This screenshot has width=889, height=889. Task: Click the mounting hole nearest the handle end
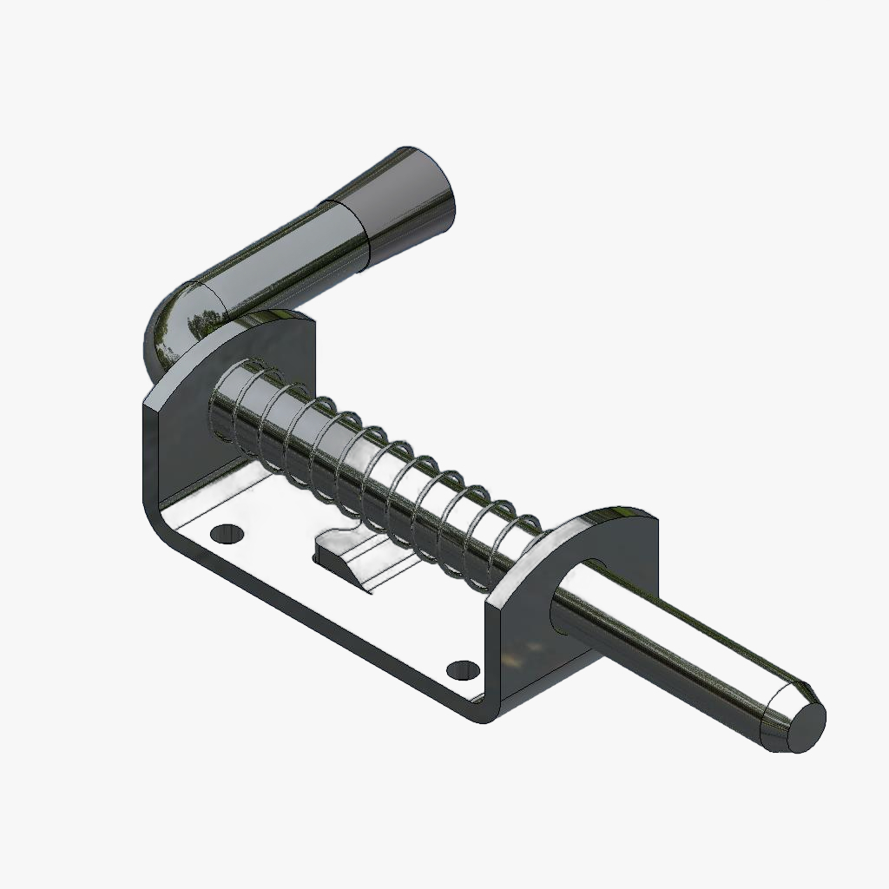[227, 531]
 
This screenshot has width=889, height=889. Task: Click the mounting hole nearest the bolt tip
[463, 669]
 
